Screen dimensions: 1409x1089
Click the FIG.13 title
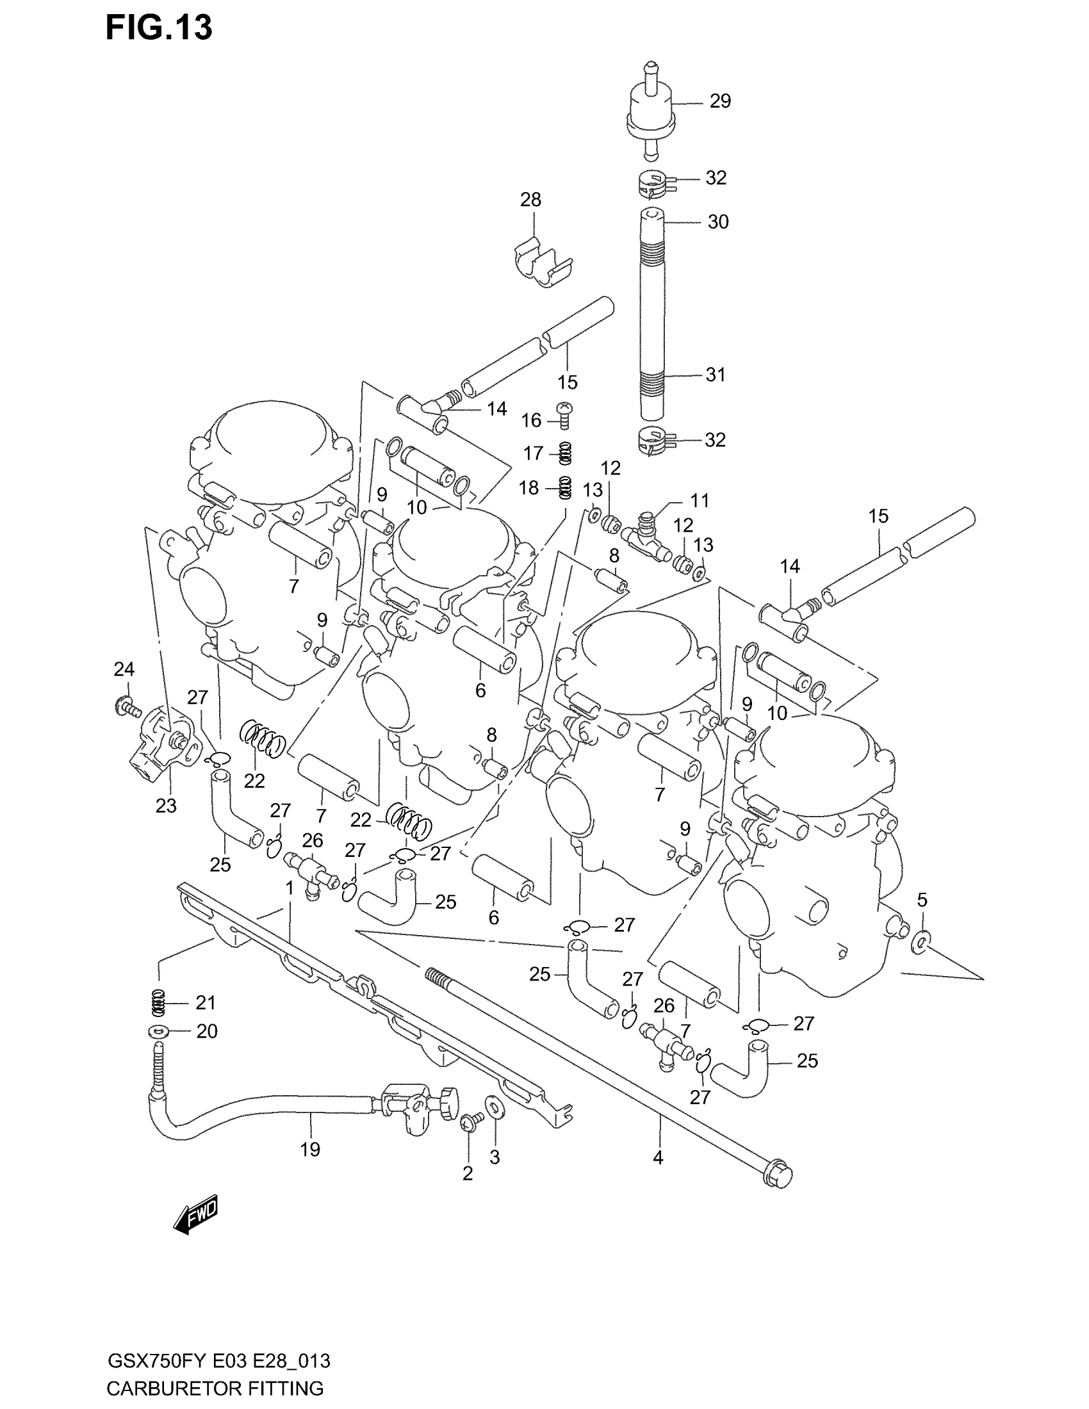pyautogui.click(x=159, y=28)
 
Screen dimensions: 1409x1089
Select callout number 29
pyautogui.click(x=720, y=101)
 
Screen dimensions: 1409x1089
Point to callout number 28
pyautogui.click(x=530, y=200)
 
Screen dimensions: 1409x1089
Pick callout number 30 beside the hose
pyautogui.click(x=718, y=222)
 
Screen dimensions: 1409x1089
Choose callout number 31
pyautogui.click(x=716, y=374)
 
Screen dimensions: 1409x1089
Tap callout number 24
pyautogui.click(x=124, y=669)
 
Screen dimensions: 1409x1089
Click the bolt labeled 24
pyautogui.click(x=126, y=708)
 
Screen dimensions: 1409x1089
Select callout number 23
pyautogui.click(x=166, y=806)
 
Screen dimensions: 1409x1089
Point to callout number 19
pyautogui.click(x=309, y=1149)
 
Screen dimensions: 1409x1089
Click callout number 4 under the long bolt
pyautogui.click(x=657, y=1158)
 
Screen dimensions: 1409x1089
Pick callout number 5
pyautogui.click(x=922, y=900)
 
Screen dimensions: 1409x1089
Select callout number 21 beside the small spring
pyautogui.click(x=205, y=1002)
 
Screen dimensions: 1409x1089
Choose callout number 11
pyautogui.click(x=700, y=500)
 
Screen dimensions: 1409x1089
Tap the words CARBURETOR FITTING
pyautogui.click(x=215, y=1388)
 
